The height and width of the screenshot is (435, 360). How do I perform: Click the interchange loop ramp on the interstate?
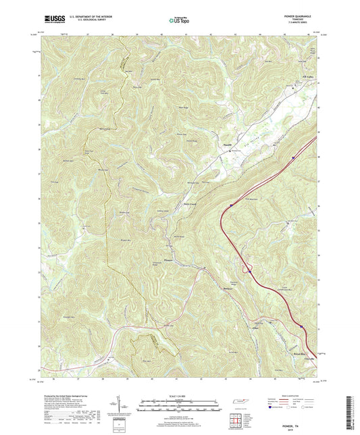pos(249,270)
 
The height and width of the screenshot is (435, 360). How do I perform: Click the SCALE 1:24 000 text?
pos(180,395)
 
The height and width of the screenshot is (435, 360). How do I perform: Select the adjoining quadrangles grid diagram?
pos(238,420)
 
